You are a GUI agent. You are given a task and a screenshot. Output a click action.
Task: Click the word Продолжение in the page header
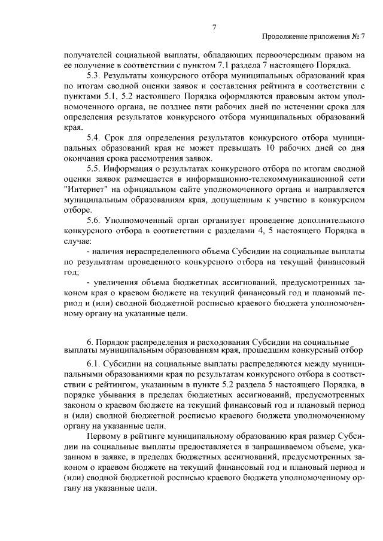[x=284, y=37]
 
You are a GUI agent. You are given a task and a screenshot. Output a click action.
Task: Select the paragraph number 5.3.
[x=95, y=76]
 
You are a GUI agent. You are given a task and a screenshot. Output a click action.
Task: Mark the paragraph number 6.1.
[x=95, y=363]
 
